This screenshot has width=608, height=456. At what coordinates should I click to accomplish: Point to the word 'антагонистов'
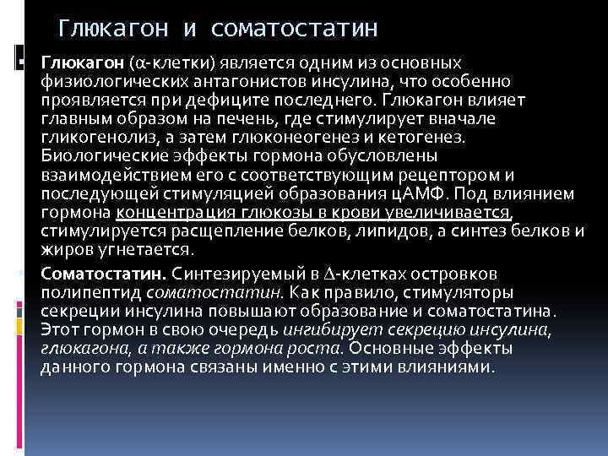pos(258,82)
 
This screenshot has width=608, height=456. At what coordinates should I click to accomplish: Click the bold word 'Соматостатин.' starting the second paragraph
pos(104,274)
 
